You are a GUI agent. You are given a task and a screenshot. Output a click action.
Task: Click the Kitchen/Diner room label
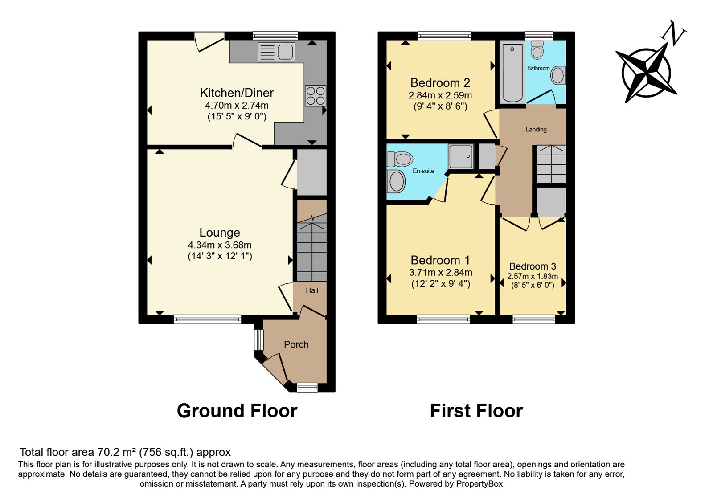237,93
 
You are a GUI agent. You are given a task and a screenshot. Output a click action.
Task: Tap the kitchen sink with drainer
276,52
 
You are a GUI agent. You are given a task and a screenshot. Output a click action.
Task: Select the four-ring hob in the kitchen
316,96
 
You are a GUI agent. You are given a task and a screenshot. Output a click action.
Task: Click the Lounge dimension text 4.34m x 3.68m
220,245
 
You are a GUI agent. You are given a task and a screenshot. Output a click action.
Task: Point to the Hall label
312,290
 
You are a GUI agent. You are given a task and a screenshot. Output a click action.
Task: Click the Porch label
296,344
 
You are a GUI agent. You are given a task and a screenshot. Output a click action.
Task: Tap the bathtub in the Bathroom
512,72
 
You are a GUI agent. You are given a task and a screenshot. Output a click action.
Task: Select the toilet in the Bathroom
537,50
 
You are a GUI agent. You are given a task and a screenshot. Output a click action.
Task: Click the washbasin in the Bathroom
558,75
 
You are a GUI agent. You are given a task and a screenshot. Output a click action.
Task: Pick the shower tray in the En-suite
461,156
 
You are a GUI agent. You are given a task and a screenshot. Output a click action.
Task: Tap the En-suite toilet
399,159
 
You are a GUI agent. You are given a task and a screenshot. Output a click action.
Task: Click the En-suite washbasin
396,181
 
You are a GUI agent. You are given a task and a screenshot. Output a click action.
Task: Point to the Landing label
536,130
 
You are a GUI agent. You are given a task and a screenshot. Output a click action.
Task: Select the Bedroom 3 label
533,266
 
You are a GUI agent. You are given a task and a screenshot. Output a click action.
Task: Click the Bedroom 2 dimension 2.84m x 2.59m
440,95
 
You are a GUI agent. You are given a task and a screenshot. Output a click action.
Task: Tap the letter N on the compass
674,34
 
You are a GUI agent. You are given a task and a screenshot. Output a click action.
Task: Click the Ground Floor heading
237,411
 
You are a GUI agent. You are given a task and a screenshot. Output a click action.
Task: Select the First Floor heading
476,411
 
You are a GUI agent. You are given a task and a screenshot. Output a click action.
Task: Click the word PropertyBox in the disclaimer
479,484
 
